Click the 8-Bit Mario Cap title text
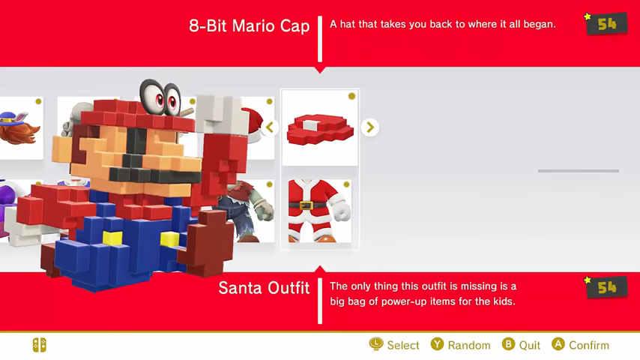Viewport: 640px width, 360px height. coord(249,25)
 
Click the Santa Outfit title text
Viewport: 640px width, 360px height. coord(264,288)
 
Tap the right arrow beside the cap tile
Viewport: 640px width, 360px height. coord(370,127)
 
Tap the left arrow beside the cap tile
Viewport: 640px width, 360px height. coord(270,127)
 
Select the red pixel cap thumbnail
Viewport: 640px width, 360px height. coord(320,127)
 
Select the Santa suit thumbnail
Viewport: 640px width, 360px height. coord(319,211)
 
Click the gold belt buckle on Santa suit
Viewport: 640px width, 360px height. coord(306,205)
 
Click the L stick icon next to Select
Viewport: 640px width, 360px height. coord(376,344)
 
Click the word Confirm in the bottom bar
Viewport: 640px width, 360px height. coord(588,345)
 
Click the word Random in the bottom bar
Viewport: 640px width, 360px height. coord(469,345)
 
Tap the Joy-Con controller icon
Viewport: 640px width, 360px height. coord(40,345)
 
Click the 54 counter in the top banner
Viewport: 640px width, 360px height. coord(606,24)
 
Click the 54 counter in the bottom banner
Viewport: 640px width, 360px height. coord(606,288)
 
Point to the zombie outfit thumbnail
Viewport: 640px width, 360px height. coord(248,211)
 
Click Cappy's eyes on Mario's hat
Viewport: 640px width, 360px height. coord(160,97)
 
